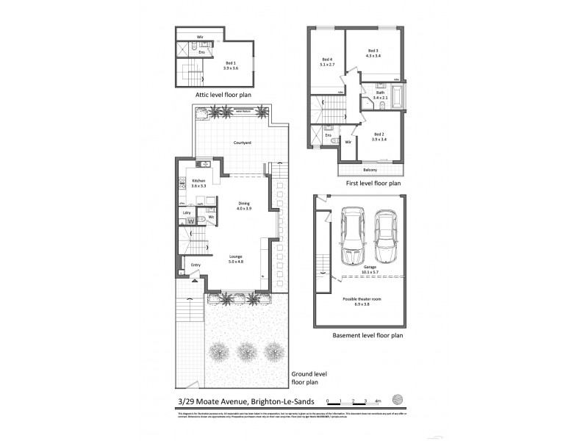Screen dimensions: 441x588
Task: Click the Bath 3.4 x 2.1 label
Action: point(379,95)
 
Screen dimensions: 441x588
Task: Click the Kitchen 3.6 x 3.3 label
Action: point(198,183)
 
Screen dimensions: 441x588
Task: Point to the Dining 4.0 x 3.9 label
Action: point(244,207)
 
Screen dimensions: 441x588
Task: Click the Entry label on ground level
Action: point(196,265)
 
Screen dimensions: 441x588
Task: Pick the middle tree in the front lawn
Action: point(243,351)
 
